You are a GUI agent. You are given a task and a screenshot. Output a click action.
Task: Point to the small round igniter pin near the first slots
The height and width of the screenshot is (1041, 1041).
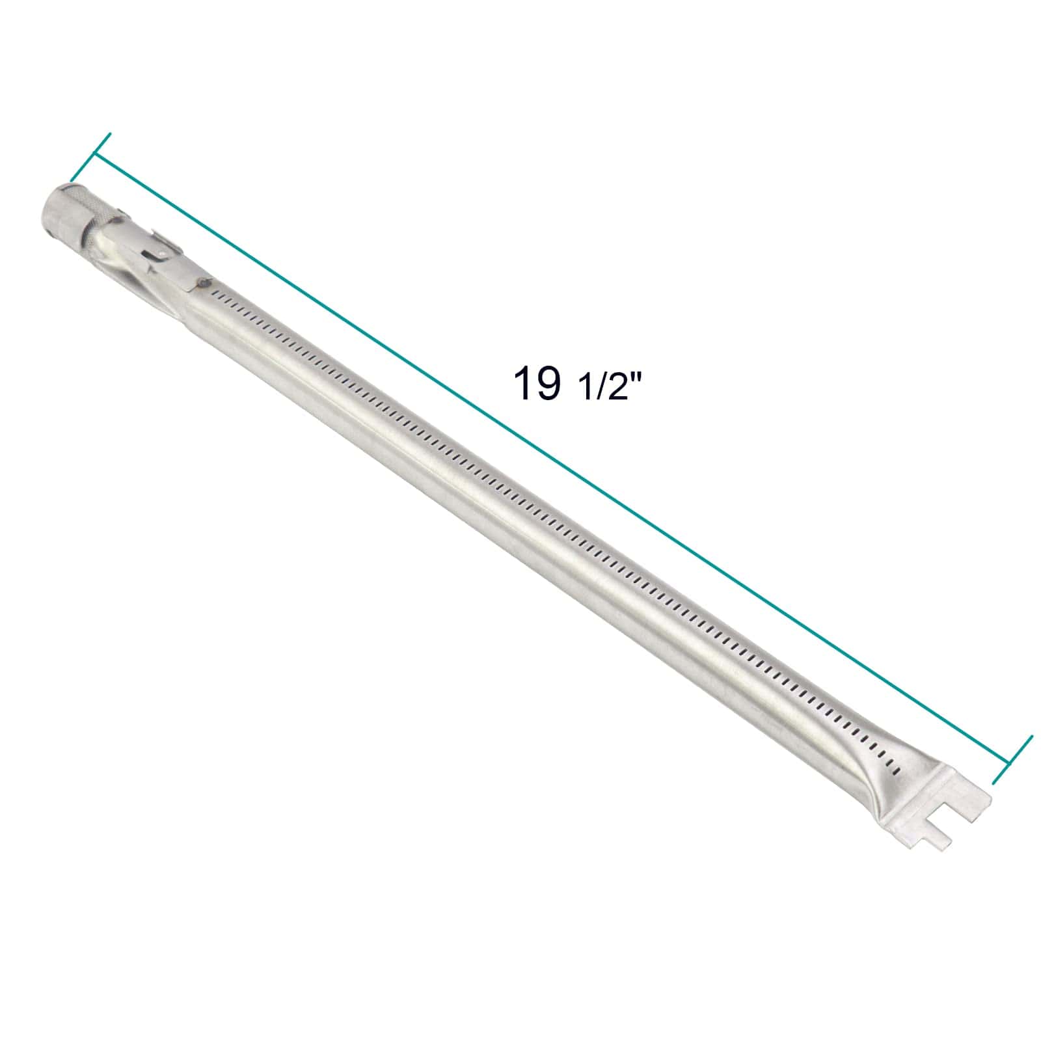click(206, 282)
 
